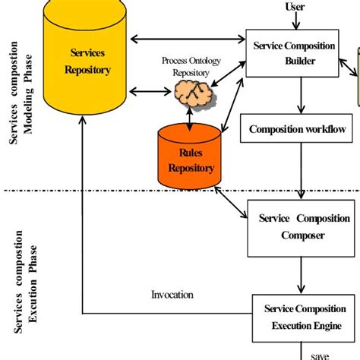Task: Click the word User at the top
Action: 295,7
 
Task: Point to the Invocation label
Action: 172,295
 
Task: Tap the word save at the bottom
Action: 319,354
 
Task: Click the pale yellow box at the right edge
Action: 355,76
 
